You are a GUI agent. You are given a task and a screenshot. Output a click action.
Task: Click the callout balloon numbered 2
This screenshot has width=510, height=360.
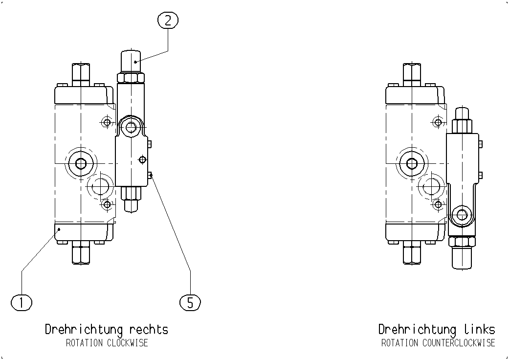click(168, 21)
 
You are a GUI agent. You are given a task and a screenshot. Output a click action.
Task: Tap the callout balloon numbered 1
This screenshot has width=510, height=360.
click(22, 303)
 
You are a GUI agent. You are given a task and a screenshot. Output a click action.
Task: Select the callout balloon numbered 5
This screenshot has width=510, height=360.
click(190, 303)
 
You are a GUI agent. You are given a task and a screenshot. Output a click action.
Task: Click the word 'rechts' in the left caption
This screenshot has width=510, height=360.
click(149, 329)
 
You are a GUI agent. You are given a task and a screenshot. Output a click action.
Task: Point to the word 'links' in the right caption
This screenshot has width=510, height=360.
click(480, 329)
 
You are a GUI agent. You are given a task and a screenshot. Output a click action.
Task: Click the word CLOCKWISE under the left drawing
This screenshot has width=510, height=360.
click(128, 343)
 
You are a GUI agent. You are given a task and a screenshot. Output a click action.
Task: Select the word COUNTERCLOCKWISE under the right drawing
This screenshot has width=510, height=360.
click(459, 343)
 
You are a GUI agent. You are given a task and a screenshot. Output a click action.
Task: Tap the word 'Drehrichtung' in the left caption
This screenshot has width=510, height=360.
click(84, 330)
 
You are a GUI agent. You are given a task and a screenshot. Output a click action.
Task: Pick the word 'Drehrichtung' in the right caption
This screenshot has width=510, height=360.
click(417, 330)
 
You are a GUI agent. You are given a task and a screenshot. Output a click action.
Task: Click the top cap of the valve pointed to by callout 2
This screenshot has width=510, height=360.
click(131, 62)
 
